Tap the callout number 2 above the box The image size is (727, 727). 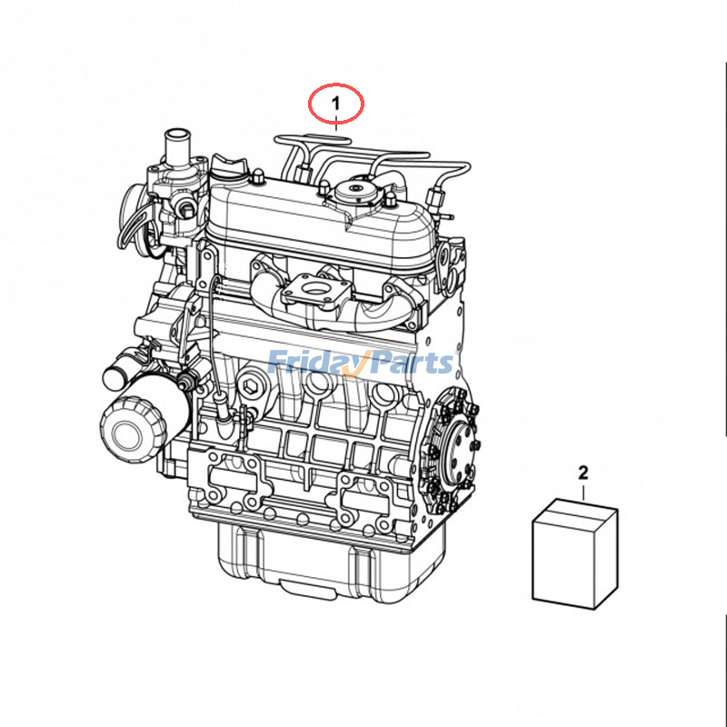(x=583, y=472)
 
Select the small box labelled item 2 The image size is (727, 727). (x=574, y=554)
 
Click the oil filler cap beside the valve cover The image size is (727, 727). (x=231, y=167)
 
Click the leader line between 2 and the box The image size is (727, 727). (x=583, y=491)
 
